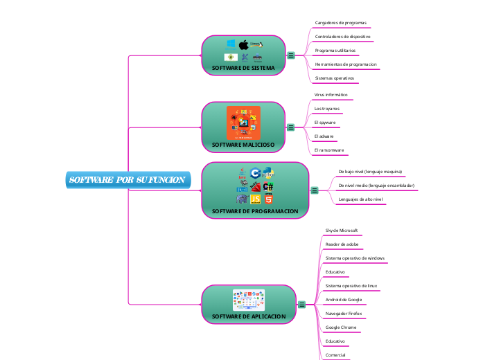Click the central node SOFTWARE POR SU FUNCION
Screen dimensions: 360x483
[126, 180]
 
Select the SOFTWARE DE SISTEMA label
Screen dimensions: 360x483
[243, 69]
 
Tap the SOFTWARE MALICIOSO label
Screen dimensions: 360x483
[243, 145]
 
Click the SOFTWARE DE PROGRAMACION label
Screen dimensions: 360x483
[255, 210]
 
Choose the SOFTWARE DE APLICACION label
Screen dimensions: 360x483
[248, 316]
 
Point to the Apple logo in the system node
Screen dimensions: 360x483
[243, 44]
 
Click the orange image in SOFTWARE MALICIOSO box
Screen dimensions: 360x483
[243, 123]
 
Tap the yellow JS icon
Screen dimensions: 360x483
[255, 199]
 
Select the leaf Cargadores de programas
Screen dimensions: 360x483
[340, 23]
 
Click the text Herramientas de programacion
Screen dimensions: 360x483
[346, 64]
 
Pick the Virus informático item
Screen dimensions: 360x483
[331, 94]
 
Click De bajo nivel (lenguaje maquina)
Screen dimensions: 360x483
[370, 171]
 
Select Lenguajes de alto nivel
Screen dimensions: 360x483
[360, 199]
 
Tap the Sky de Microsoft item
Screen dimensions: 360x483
[341, 230]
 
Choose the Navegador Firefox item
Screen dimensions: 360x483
[343, 313]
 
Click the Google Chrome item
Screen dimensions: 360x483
[341, 327]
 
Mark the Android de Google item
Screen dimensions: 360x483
[343, 299]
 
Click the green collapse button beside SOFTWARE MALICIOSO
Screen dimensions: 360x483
[291, 127]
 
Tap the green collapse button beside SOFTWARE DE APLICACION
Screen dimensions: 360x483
[302, 305]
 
